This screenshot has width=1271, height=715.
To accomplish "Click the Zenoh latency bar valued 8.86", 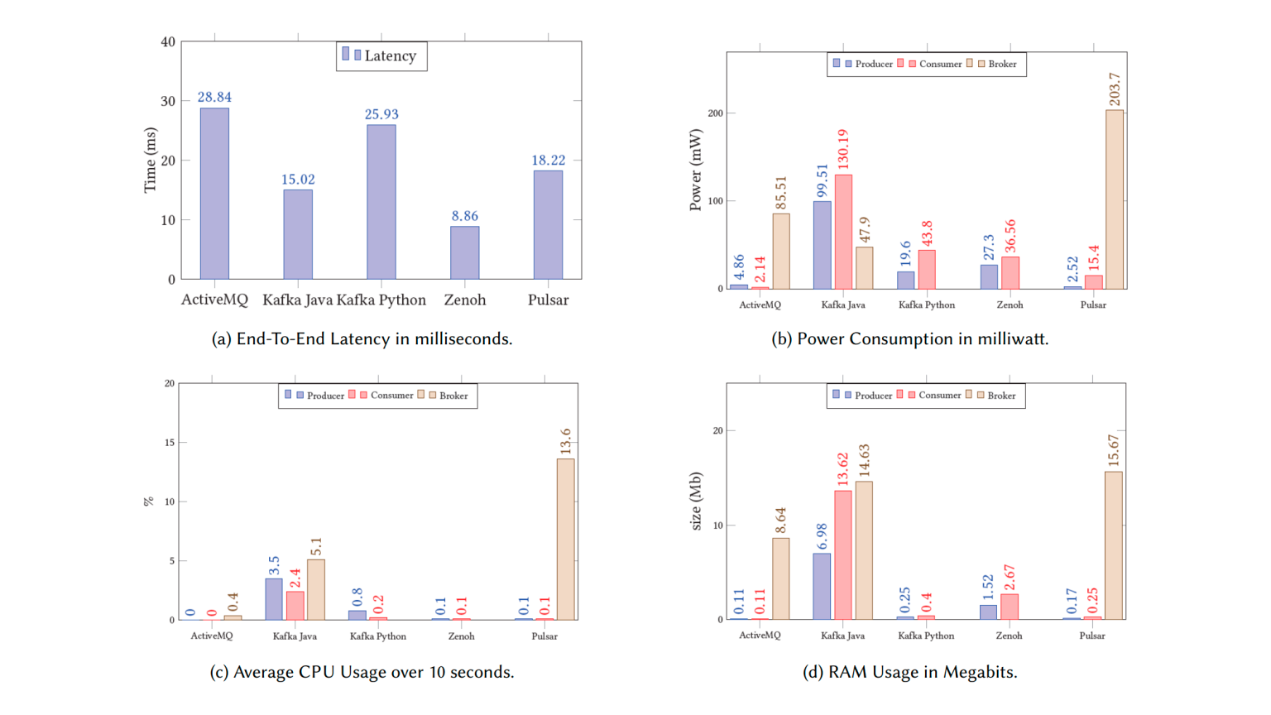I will tap(464, 252).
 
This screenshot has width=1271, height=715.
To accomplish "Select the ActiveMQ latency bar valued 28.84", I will tap(214, 194).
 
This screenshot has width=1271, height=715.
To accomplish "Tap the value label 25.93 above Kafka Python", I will tap(381, 114).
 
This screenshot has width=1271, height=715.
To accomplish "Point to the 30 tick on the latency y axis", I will tap(169, 101).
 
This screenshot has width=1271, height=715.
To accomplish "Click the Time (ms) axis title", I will tap(150, 160).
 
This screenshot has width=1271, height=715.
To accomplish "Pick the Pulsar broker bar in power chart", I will tap(1114, 199).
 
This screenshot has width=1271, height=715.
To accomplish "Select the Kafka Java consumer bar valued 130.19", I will tap(843, 232).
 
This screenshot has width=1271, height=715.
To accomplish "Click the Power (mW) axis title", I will tap(695, 170).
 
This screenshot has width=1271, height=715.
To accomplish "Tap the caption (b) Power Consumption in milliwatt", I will tap(909, 338).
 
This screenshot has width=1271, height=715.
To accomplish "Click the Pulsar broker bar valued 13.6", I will tap(565, 539).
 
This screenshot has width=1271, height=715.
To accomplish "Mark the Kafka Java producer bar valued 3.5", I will tap(274, 599).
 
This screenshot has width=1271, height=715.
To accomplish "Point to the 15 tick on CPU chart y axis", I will tap(170, 443).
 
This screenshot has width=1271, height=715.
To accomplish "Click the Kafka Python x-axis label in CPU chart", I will tap(378, 636).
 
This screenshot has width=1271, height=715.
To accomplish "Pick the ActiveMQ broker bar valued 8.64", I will tap(780, 578).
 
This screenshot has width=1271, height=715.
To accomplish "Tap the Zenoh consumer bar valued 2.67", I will tap(1009, 607).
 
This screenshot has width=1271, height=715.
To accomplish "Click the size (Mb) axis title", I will tap(695, 501).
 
